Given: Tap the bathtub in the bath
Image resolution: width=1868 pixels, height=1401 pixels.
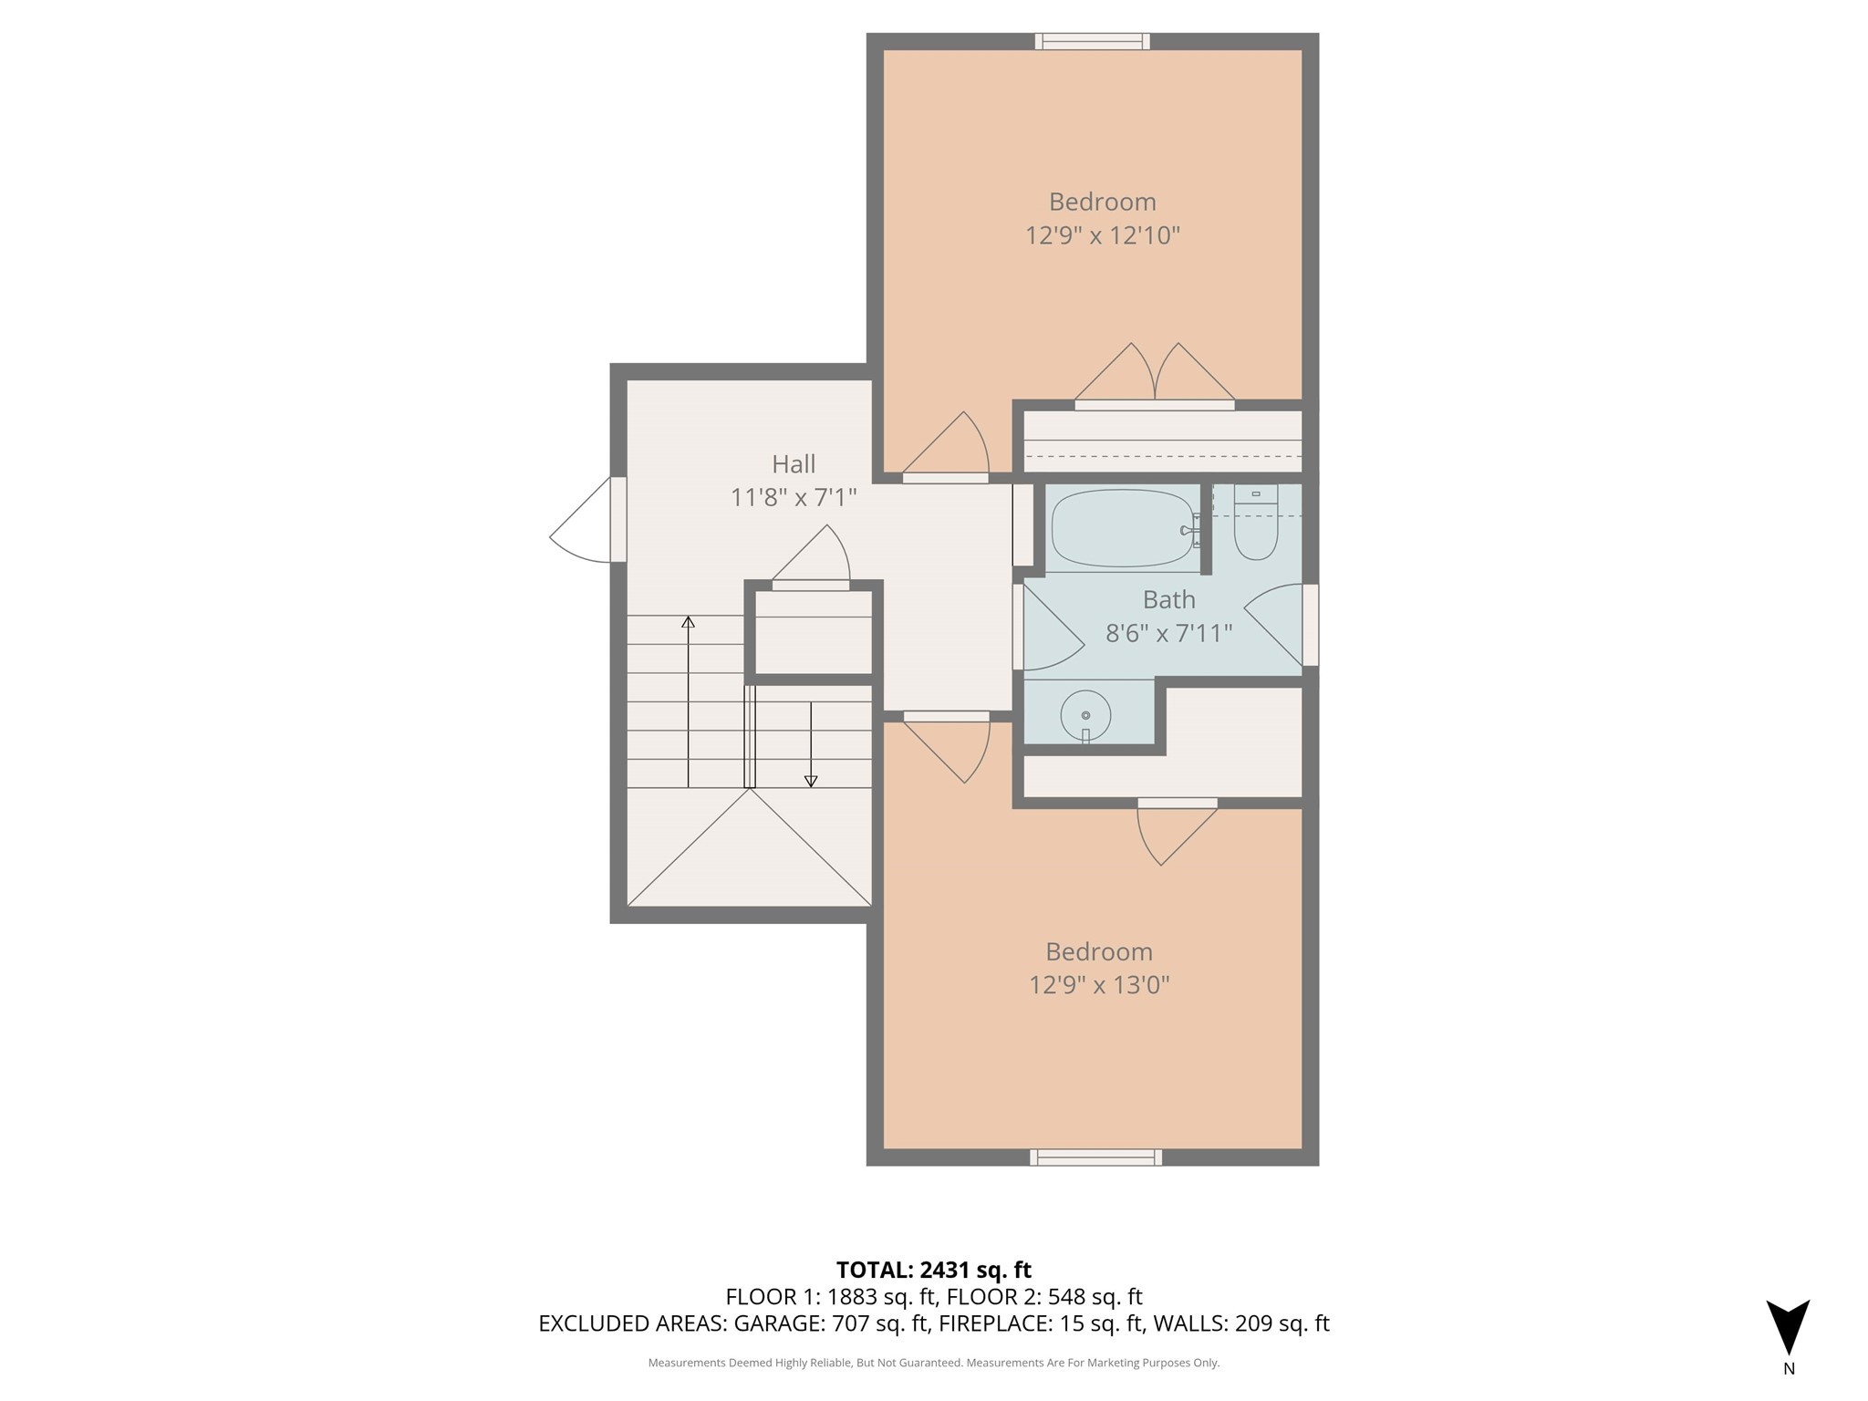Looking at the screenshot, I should click(1122, 529).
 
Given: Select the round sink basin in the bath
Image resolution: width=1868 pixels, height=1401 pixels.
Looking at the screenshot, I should click(1085, 715).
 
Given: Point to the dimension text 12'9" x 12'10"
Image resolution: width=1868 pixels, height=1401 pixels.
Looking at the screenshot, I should click(1102, 235).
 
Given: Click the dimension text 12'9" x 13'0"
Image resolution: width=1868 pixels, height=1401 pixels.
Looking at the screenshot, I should click(1099, 985).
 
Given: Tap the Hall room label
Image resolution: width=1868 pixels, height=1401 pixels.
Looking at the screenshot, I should click(794, 464).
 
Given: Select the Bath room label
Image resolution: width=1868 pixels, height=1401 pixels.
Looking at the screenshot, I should click(1168, 599).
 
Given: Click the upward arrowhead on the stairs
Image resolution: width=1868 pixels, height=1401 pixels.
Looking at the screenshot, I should click(689, 622).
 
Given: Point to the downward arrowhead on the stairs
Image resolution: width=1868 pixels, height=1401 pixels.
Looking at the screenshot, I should click(811, 781).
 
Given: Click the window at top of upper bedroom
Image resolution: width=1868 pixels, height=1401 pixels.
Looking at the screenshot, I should click(1092, 41).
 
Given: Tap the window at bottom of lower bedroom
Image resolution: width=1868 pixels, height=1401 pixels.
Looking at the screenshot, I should click(1095, 1157).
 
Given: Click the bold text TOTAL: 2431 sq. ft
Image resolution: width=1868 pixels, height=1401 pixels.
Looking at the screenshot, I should click(933, 1270).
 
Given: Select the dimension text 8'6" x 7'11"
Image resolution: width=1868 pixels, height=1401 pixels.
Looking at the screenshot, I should click(1168, 633).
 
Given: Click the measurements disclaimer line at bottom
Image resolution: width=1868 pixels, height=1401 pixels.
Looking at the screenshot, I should click(933, 1363).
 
